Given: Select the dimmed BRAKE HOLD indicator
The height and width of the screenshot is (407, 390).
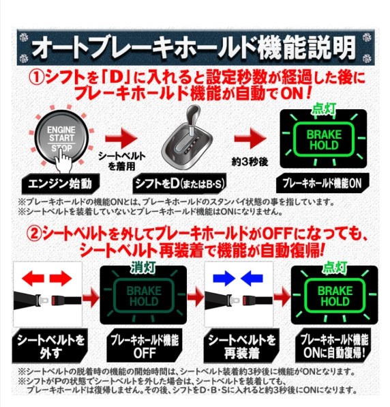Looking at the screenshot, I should (x=143, y=296).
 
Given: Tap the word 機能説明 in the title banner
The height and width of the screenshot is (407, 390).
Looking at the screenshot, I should (x=310, y=48).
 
